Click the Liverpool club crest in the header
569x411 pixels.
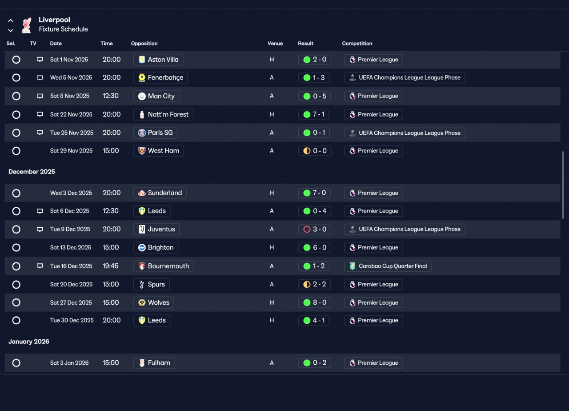[27, 25]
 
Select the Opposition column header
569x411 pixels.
[144, 44]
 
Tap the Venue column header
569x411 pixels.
[275, 44]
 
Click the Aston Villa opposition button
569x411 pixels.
[158, 60]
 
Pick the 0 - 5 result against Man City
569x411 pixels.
[314, 96]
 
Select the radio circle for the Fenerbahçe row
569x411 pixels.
[16, 78]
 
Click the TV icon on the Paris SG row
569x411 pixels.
[40, 133]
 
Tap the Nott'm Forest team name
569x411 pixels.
[168, 114]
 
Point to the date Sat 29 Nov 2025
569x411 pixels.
[72, 151]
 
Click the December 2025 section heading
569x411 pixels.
[32, 172]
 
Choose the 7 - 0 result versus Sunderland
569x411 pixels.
[314, 193]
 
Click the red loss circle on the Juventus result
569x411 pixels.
[307, 229]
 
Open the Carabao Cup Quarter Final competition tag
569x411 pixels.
[388, 266]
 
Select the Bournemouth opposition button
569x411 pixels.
[164, 266]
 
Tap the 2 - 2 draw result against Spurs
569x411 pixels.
[314, 284]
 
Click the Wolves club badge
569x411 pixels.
[142, 302]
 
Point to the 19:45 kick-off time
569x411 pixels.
[111, 266]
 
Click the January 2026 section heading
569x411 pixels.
[29, 342]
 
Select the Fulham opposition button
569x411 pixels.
[154, 363]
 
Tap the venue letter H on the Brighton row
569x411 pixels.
[272, 248]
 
